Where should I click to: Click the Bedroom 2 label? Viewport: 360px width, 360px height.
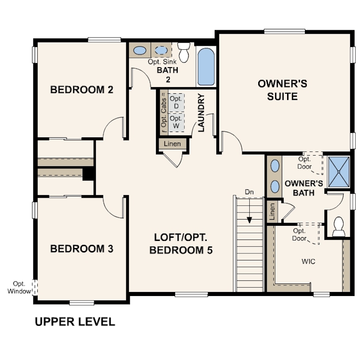coord(82,89)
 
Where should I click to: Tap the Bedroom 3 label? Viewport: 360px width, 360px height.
coord(82,249)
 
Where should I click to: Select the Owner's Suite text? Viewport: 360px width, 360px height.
coord(282,90)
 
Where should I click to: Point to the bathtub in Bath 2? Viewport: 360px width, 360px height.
coord(206,67)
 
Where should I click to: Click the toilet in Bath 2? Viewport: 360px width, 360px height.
coord(184,52)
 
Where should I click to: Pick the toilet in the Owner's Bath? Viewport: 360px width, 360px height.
coord(339,227)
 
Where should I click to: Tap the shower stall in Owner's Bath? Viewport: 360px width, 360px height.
coord(339,172)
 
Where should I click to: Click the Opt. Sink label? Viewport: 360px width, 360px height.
coord(162,62)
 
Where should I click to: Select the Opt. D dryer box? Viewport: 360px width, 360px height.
coord(176,103)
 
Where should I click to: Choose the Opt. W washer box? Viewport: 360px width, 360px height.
coord(176,122)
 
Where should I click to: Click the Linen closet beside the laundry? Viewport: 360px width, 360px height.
coord(172,144)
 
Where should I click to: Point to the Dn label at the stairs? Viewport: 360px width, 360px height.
coord(249,192)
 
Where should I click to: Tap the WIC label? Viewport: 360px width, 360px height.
coord(308,261)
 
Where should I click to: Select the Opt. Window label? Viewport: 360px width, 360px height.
coord(19,288)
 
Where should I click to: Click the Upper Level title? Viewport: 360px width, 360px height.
coord(75,322)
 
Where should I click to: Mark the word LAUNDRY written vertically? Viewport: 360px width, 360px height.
coord(201,113)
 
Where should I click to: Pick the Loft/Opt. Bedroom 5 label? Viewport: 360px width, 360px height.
coord(181,244)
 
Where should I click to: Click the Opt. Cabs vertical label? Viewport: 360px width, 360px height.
coord(164,112)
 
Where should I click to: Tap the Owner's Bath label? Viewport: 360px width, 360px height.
coord(304,188)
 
